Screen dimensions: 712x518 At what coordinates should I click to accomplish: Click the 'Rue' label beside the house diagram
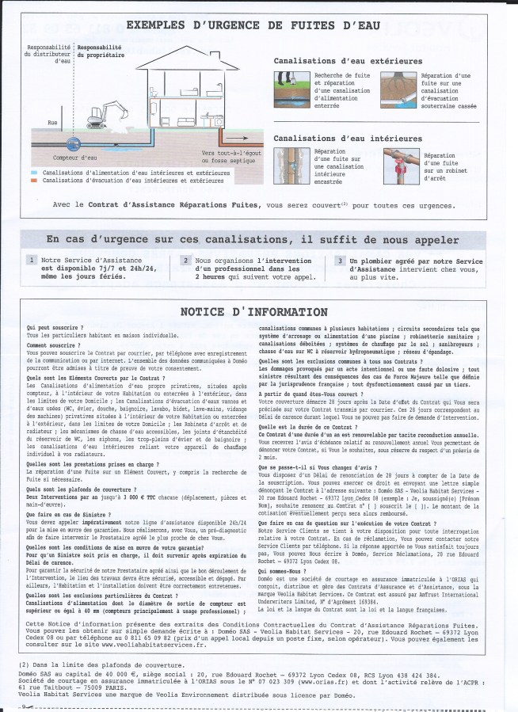click(x=53, y=123)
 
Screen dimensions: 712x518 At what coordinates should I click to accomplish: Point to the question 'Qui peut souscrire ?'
click(x=49, y=327)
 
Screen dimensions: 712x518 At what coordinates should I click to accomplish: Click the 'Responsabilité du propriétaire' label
click(x=99, y=52)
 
